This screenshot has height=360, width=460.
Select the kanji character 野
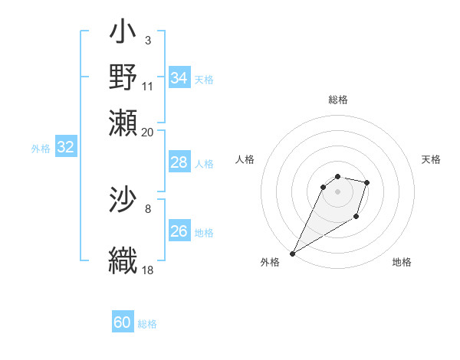[123, 77]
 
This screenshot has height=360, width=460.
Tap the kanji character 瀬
[123, 122]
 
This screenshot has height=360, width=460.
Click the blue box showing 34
[179, 78]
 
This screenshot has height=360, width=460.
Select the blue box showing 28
[179, 162]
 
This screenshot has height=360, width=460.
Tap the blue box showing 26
[179, 231]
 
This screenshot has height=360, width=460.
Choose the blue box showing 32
[66, 147]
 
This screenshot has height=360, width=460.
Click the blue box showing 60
[123, 322]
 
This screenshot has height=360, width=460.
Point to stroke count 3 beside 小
[147, 40]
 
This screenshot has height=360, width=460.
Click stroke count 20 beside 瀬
[148, 133]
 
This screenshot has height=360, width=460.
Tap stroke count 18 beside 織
[148, 270]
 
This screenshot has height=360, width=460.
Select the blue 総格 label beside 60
[147, 324]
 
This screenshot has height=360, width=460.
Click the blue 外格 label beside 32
[40, 149]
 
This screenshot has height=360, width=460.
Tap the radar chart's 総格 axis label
[338, 100]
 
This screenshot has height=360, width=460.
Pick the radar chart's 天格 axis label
[431, 159]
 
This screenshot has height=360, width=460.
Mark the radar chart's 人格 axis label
[245, 159]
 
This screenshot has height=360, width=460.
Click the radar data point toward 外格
[292, 254]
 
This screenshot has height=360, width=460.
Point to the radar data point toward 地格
[356, 218]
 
